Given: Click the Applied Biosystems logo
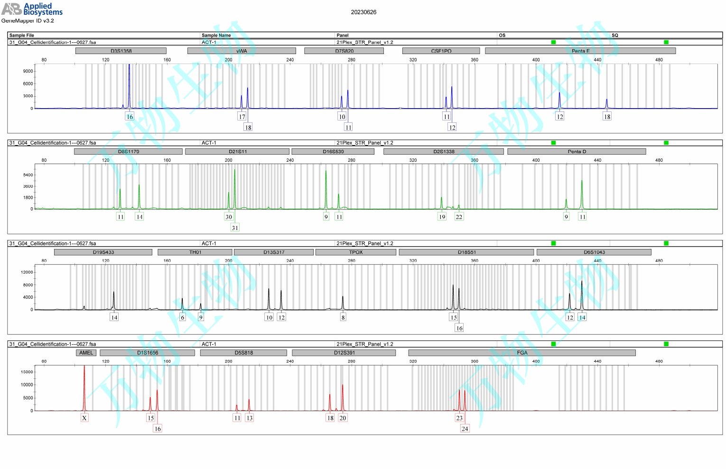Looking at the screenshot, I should [x=32, y=9].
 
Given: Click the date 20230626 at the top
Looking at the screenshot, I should [x=363, y=12].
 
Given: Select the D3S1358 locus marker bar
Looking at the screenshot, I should [x=121, y=51].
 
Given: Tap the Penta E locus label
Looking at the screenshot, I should [x=580, y=51].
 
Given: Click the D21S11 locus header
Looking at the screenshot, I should [x=237, y=152].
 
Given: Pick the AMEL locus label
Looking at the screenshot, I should [x=86, y=353].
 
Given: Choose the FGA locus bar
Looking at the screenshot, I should [x=521, y=353].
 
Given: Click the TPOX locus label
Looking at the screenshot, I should [x=355, y=252].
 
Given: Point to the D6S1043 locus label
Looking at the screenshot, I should [x=594, y=252].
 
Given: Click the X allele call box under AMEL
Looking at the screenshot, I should [x=84, y=418].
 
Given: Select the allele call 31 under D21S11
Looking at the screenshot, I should [x=235, y=228].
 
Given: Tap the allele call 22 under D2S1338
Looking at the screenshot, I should [x=459, y=217].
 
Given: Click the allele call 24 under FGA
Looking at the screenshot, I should [x=465, y=429].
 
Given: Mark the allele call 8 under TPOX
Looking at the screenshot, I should [x=343, y=317].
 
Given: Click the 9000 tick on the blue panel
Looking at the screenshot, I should [x=28, y=71].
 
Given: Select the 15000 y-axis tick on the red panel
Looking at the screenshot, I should [x=27, y=372].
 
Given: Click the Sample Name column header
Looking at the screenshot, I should [x=216, y=36].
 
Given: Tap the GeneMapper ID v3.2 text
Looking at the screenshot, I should [x=28, y=21].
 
